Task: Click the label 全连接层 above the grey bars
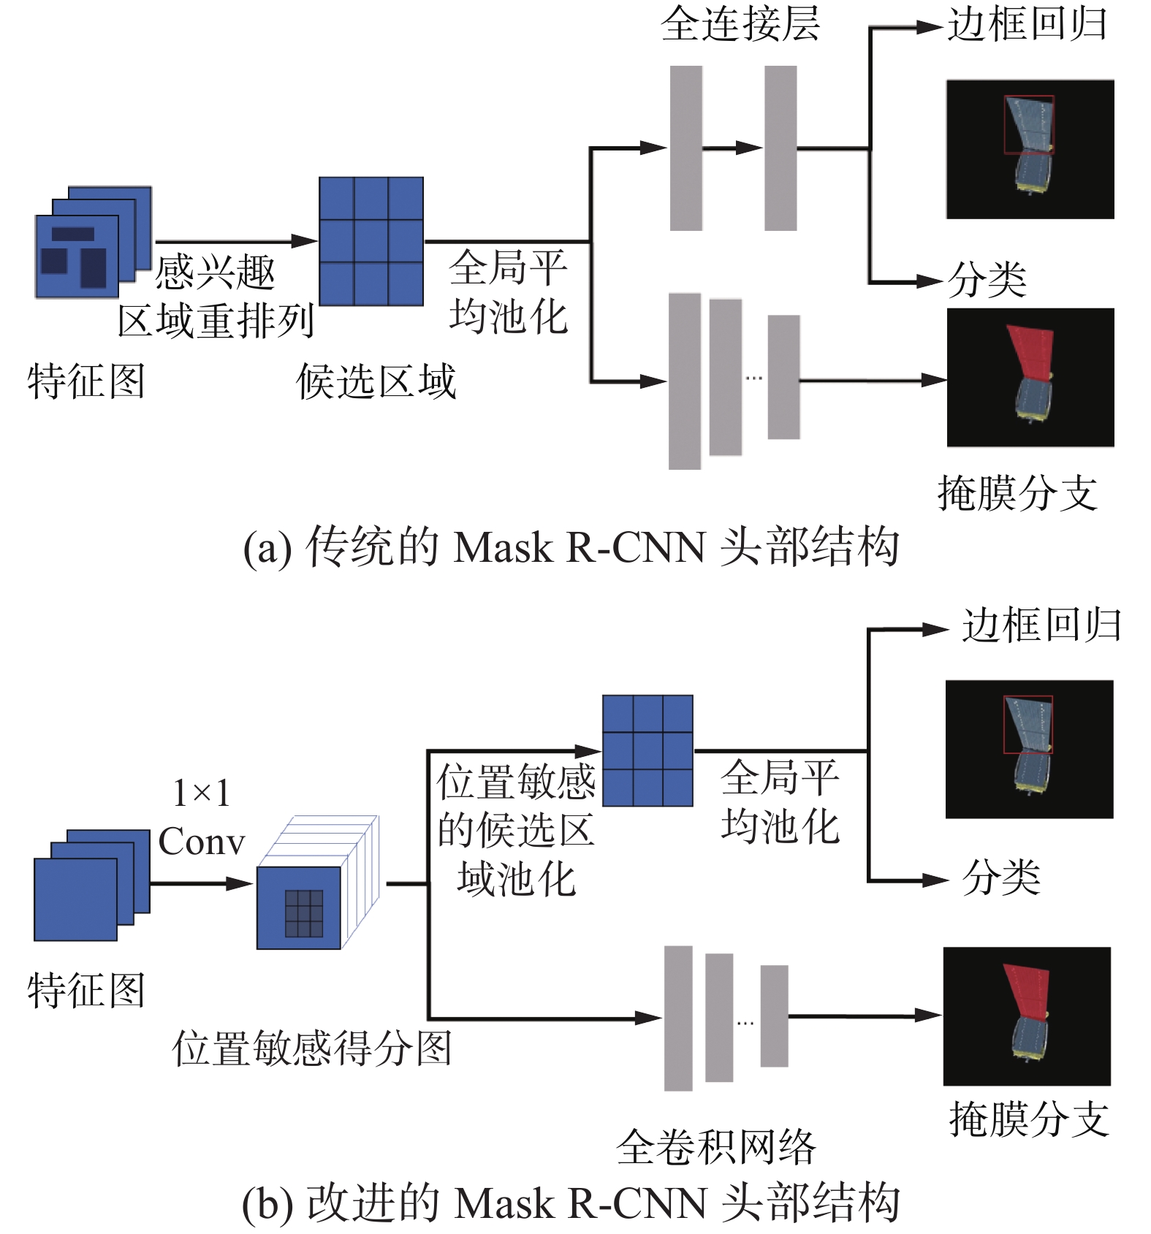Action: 740,25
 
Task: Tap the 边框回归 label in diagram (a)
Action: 1027,25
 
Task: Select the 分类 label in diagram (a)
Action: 987,280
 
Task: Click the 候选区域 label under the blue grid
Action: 376,381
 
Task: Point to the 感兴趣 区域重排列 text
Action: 216,297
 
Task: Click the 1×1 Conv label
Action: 201,818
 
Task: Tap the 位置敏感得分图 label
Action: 312,1048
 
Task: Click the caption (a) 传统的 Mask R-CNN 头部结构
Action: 571,546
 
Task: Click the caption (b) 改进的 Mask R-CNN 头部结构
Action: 571,1203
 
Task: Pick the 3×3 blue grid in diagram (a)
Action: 371,241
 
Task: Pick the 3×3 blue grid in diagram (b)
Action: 647,750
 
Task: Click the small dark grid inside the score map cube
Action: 303,913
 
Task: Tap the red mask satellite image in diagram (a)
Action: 1030,377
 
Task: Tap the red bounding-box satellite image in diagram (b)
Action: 1029,749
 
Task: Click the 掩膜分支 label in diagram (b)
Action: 1029,1119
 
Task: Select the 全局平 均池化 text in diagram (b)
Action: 780,801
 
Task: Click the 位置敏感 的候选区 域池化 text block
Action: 516,830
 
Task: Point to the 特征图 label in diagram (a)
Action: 86,381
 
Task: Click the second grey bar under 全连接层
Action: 780,148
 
